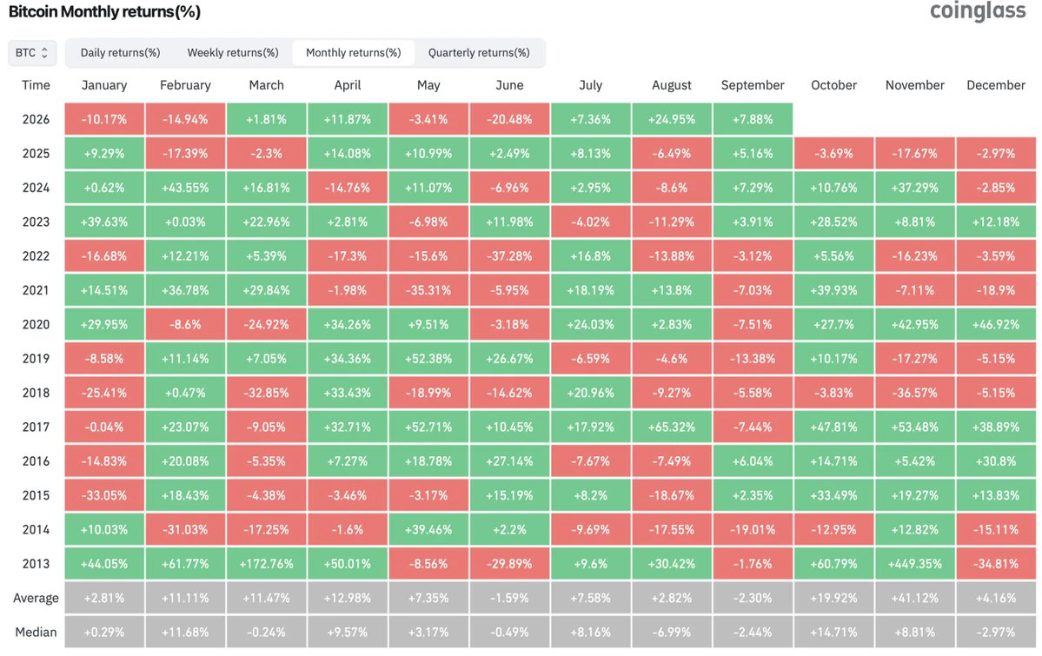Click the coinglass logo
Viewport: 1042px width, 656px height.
pyautogui.click(x=978, y=11)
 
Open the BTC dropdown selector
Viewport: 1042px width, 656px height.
pyautogui.click(x=32, y=52)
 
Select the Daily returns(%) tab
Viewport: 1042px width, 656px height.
pyautogui.click(x=120, y=52)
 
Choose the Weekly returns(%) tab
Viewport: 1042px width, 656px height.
pyautogui.click(x=233, y=52)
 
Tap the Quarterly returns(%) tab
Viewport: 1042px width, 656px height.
pyautogui.click(x=479, y=52)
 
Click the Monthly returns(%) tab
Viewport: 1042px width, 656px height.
pyautogui.click(x=354, y=52)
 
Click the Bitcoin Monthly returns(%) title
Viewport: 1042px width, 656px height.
pyautogui.click(x=104, y=12)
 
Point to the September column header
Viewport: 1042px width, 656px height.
pyautogui.click(x=753, y=85)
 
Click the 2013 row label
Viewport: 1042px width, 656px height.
pyautogui.click(x=36, y=564)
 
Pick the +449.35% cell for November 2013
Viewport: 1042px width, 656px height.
pyautogui.click(x=914, y=564)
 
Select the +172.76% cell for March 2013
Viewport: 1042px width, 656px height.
pyautogui.click(x=267, y=564)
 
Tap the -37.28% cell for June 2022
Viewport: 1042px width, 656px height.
pyautogui.click(x=510, y=256)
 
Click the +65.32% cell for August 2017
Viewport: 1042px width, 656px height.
pyautogui.click(x=672, y=427)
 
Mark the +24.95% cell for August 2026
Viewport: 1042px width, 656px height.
pyautogui.click(x=672, y=120)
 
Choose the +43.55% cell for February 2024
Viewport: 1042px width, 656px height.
pyautogui.click(x=185, y=188)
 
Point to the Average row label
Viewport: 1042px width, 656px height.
pyautogui.click(x=36, y=598)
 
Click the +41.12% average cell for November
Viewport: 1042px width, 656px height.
pyautogui.click(x=914, y=598)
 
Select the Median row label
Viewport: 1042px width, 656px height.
pyautogui.click(x=36, y=632)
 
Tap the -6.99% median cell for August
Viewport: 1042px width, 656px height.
pyautogui.click(x=672, y=632)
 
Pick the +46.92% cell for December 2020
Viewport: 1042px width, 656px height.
pyautogui.click(x=995, y=324)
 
